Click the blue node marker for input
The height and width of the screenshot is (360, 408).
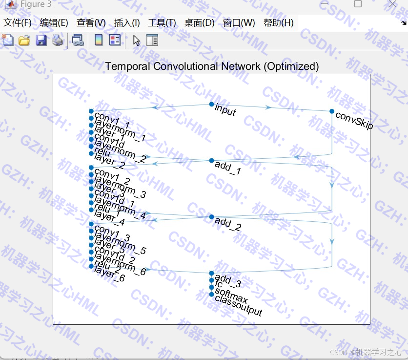pos(211,104)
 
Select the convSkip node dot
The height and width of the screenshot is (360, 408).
pos(332,111)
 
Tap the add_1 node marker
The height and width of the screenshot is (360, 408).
pos(211,160)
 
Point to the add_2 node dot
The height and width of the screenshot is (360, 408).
pos(211,216)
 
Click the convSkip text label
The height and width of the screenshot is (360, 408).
pos(354,121)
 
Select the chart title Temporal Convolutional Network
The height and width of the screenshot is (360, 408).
pos(212,66)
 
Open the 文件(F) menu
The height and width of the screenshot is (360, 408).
pos(18,22)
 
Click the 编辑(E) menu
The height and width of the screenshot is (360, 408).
pos(54,22)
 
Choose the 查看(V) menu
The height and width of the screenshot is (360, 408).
pos(91,22)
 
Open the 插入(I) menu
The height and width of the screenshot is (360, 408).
pos(127,22)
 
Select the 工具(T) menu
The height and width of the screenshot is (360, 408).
pos(162,22)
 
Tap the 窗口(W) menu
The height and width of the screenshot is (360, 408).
pos(239,22)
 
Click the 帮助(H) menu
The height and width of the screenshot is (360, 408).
pos(278,22)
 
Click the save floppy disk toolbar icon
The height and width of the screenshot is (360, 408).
pos(41,41)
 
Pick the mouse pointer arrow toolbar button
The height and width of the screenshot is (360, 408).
pos(136,41)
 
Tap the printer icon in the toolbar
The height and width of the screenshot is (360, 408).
pos(58,41)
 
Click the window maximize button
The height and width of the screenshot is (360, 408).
pos(358,4)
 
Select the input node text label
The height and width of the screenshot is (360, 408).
pos(225,110)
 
